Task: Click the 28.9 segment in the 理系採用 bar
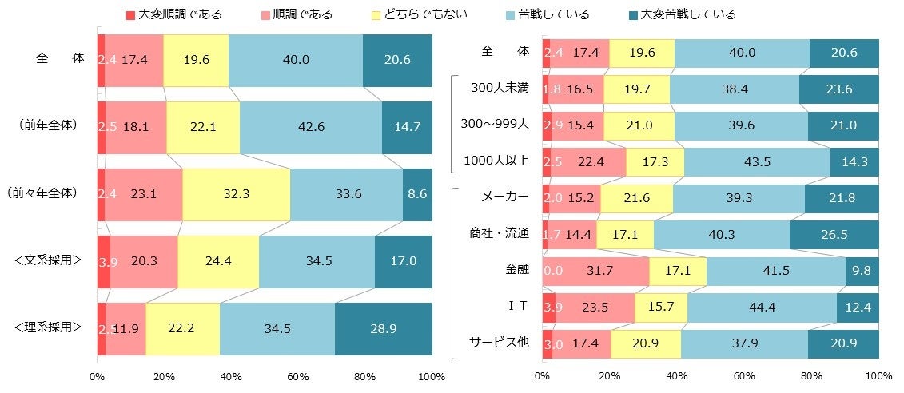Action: [383, 329]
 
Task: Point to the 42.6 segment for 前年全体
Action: [310, 125]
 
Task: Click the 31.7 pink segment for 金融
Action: [599, 271]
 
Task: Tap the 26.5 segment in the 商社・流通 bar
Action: [834, 234]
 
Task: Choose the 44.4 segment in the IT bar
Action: [762, 308]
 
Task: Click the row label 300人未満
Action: [500, 88]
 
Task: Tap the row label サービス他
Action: [499, 343]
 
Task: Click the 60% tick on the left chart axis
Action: [297, 376]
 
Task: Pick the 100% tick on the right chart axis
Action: [878, 376]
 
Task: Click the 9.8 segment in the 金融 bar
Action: [862, 271]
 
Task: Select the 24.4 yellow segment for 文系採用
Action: [217, 261]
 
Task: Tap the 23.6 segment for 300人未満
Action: [838, 89]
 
